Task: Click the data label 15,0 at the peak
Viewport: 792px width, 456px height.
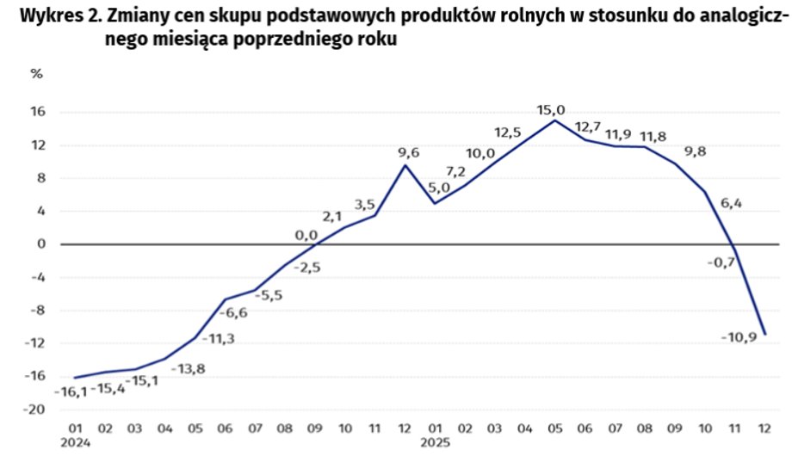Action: click(550, 109)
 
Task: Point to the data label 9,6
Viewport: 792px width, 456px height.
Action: click(408, 154)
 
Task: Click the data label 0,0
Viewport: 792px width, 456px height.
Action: click(306, 235)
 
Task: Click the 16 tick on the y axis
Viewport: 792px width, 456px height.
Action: click(40, 113)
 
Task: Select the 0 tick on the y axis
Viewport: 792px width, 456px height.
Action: click(42, 244)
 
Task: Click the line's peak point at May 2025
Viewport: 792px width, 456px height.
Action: click(554, 120)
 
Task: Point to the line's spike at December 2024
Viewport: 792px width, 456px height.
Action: click(405, 165)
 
